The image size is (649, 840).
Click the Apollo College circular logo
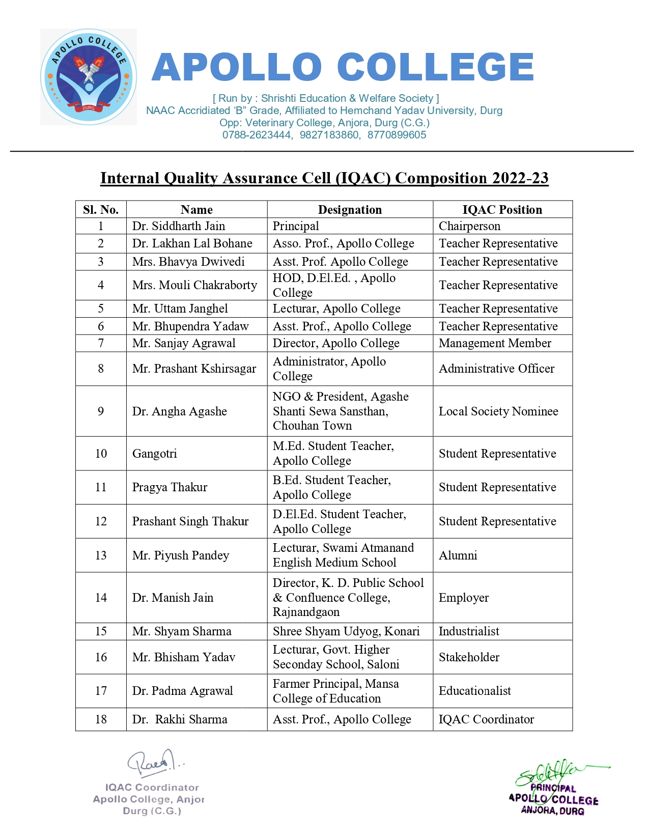click(x=89, y=77)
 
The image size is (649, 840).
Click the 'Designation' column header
click(x=350, y=210)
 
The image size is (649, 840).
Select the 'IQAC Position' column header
click(x=502, y=210)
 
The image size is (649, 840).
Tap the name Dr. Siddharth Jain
click(x=178, y=226)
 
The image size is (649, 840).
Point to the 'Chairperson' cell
click(x=469, y=226)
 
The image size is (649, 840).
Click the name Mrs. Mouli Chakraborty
click(x=194, y=285)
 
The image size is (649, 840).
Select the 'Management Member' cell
click(x=495, y=343)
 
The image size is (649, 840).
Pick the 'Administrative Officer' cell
click(x=496, y=369)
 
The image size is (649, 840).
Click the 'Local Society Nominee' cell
click(x=498, y=411)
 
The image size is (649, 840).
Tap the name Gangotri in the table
click(x=155, y=454)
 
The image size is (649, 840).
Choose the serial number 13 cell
click(x=101, y=555)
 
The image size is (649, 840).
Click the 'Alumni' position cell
click(x=458, y=555)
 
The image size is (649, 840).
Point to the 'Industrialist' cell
click(x=469, y=631)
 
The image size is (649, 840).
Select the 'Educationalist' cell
click(x=474, y=691)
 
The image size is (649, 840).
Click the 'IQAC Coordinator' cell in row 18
click(x=486, y=719)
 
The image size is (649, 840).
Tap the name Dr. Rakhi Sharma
click(x=180, y=719)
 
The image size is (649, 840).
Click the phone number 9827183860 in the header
click(x=329, y=135)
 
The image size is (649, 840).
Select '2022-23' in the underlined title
click(x=520, y=178)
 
